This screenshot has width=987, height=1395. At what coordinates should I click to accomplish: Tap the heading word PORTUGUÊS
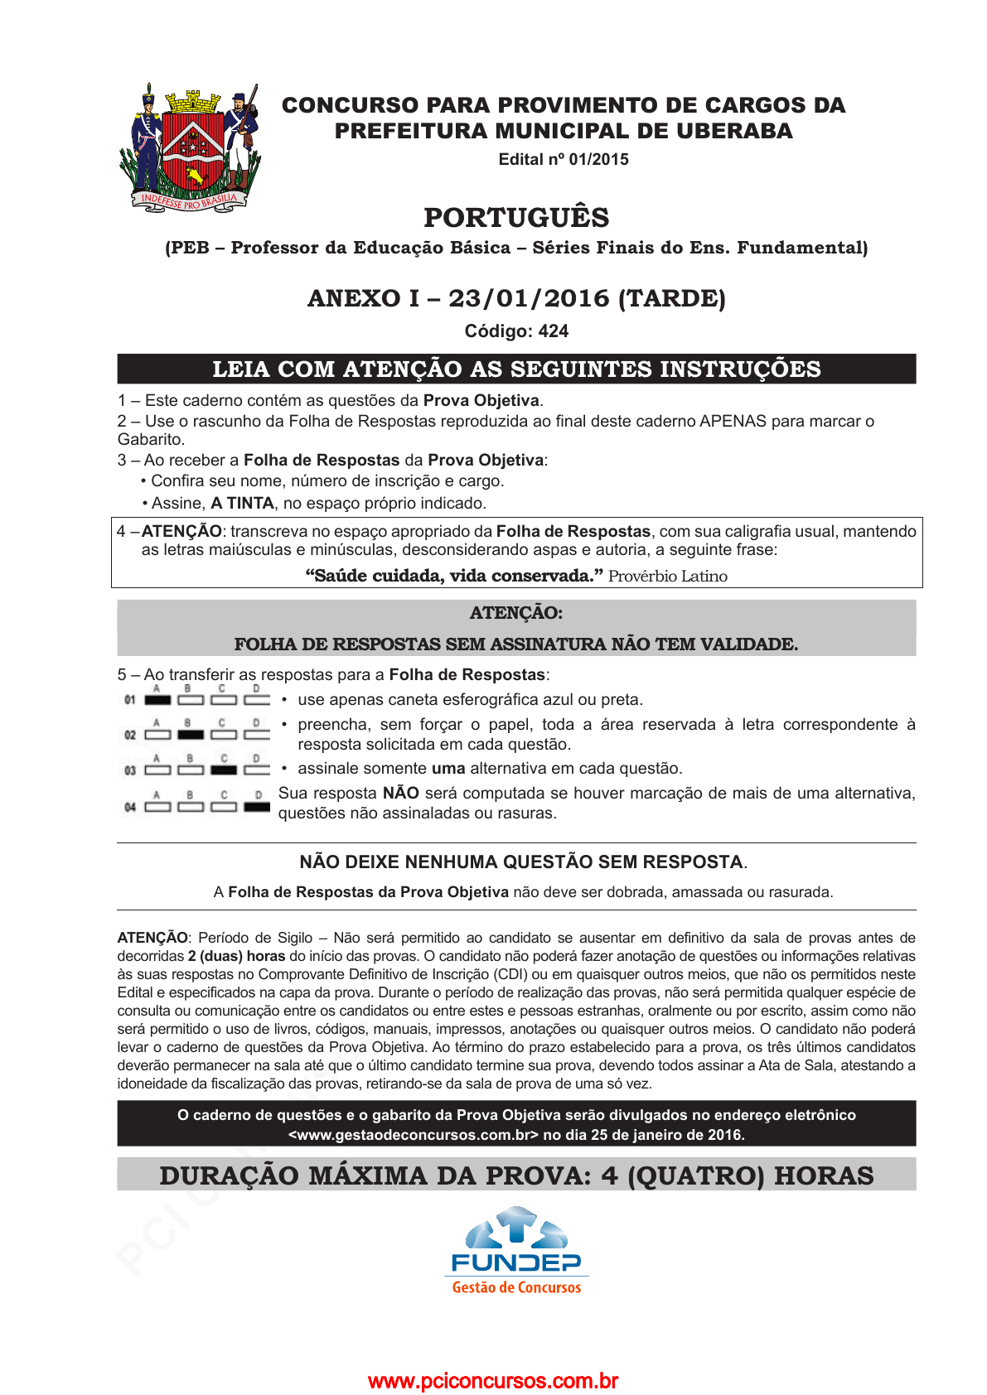click(x=516, y=217)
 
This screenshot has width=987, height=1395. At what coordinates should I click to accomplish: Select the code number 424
click(x=554, y=331)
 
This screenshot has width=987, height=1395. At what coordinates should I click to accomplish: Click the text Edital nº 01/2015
click(x=564, y=159)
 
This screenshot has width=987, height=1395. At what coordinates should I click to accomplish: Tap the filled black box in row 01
click(x=157, y=700)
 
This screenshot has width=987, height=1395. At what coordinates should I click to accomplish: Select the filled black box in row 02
click(x=191, y=735)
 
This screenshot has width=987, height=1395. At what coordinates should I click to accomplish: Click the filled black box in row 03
click(x=224, y=770)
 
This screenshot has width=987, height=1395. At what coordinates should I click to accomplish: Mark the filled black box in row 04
click(x=257, y=806)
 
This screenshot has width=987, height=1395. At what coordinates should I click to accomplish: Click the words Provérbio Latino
click(x=667, y=576)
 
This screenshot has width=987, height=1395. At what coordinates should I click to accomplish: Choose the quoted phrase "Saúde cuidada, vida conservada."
click(x=453, y=576)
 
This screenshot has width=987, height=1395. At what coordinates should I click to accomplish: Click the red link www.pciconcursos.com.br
click(x=493, y=1381)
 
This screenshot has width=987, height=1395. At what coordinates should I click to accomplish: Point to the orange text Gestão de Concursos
click(x=516, y=1287)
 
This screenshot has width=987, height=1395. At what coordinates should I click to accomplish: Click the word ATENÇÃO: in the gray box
click(x=516, y=613)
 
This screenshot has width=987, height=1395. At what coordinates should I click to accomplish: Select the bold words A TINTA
click(x=242, y=503)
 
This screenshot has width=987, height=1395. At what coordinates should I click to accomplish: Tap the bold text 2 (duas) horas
click(x=236, y=956)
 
